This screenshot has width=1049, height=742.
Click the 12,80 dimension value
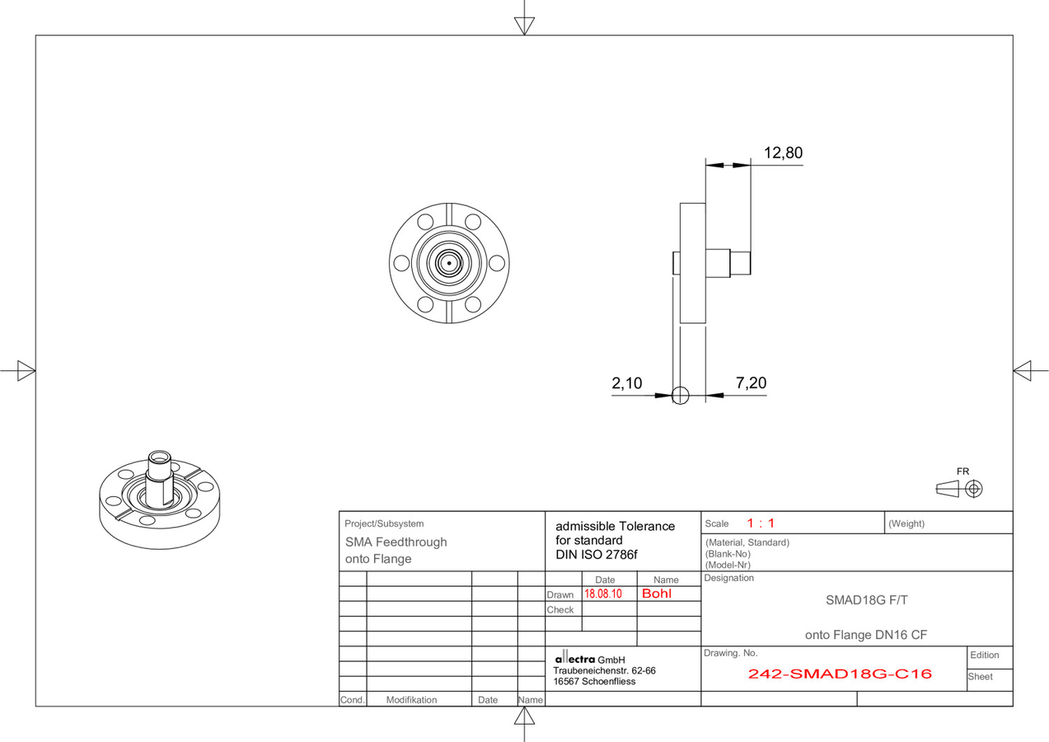pyautogui.click(x=783, y=153)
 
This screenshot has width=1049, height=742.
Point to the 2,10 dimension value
pyautogui.click(x=626, y=383)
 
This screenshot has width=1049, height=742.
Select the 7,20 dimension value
pyautogui.click(x=752, y=383)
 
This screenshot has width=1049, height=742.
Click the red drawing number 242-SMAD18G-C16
pyautogui.click(x=840, y=674)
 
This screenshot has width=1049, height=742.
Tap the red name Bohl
pyautogui.click(x=657, y=594)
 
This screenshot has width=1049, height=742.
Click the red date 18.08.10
pyautogui.click(x=603, y=594)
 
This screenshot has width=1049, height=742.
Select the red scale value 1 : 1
pyautogui.click(x=761, y=523)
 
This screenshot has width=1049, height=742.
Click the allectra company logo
pyautogui.click(x=575, y=658)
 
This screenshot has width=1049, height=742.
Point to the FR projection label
pyautogui.click(x=962, y=472)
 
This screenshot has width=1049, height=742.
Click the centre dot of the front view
pyautogui.click(x=449, y=263)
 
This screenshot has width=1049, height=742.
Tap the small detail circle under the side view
pyautogui.click(x=681, y=396)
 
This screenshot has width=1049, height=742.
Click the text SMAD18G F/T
pyautogui.click(x=866, y=600)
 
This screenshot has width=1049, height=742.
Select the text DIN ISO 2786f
pyautogui.click(x=596, y=555)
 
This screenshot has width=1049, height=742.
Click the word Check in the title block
pyautogui.click(x=560, y=609)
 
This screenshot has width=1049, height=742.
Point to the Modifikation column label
pyautogui.click(x=411, y=699)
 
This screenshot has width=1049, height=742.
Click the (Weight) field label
pyautogui.click(x=906, y=524)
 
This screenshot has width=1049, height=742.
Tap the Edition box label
pyautogui.click(x=985, y=655)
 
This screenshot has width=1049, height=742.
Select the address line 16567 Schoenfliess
pyautogui.click(x=594, y=682)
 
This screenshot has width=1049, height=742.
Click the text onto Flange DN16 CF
pyautogui.click(x=866, y=635)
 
